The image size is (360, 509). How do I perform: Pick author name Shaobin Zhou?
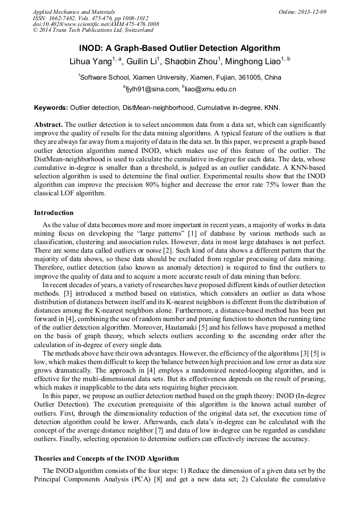[193, 62]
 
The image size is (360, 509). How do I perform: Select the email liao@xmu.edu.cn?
[211, 89]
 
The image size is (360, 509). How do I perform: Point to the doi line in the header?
[96, 24]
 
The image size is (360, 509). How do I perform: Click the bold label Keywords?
[51, 107]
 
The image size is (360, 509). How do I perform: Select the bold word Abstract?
[48, 124]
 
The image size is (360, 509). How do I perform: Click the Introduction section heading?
[54, 213]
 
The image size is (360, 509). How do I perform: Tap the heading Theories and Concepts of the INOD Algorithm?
[106, 458]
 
